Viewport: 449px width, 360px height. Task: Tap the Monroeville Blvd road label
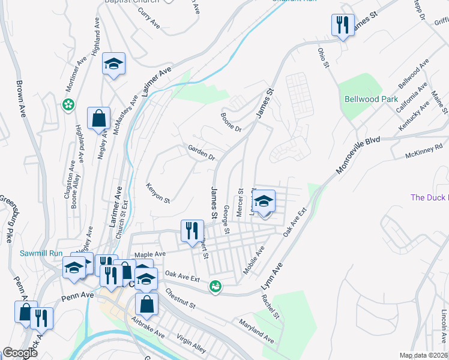click(358, 155)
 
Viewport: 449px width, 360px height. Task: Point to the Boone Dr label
click(231, 121)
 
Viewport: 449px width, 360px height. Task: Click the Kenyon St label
click(158, 193)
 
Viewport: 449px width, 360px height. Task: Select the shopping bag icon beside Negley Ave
click(98, 119)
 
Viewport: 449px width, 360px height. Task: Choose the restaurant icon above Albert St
click(192, 231)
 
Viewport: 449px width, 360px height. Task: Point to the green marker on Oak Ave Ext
click(215, 287)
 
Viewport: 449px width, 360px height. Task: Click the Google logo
click(20, 353)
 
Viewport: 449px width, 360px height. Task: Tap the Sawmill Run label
click(41, 253)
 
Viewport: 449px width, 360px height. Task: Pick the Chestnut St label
click(181, 298)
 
